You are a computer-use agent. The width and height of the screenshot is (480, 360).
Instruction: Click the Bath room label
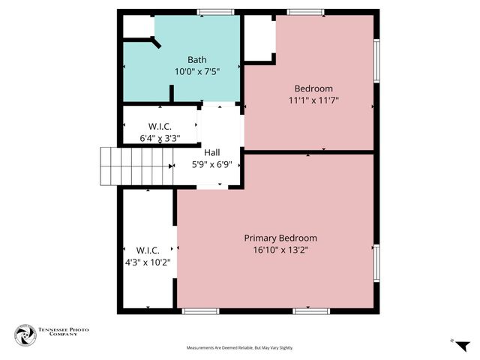click(x=196, y=60)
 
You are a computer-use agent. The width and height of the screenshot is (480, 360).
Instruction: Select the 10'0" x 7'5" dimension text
click(x=196, y=72)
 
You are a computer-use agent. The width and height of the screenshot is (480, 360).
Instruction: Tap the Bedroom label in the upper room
click(x=313, y=88)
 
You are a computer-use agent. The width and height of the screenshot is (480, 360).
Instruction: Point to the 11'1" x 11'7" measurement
click(x=313, y=100)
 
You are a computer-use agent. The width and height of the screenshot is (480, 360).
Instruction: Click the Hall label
click(x=212, y=153)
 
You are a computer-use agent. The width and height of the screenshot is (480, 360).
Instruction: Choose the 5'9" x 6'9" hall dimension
click(x=211, y=165)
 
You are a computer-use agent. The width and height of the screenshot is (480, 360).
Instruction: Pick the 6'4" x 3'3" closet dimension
click(x=159, y=138)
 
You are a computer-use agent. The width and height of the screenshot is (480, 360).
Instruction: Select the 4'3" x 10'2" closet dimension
click(x=148, y=262)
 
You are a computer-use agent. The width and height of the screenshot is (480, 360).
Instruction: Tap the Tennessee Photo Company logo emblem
click(x=25, y=334)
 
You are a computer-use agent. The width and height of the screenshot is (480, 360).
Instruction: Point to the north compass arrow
click(x=463, y=345)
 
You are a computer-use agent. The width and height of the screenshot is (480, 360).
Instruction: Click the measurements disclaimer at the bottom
click(x=240, y=348)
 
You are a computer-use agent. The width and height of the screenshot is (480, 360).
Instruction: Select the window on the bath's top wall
click(x=215, y=11)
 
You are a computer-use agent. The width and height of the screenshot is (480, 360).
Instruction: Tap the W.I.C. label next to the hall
click(x=161, y=126)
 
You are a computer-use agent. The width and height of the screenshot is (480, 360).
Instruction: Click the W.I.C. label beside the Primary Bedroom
click(x=148, y=250)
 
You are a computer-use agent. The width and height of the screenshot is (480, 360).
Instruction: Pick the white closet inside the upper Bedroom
click(x=259, y=39)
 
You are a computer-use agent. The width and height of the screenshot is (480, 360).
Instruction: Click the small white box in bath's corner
click(x=138, y=26)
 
